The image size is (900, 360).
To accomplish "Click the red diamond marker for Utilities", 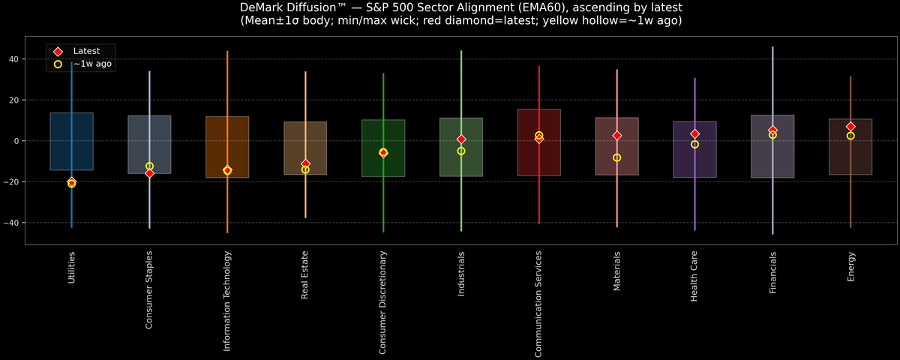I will (x=71, y=181).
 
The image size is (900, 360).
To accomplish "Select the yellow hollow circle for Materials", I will (x=616, y=157).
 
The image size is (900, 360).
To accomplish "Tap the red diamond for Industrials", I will (x=461, y=139).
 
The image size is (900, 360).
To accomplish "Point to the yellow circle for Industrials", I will (x=461, y=151).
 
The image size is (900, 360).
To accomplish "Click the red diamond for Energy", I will (x=850, y=127).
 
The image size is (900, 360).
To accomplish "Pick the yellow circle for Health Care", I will (x=694, y=144).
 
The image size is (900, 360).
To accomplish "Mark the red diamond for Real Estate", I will (x=305, y=163).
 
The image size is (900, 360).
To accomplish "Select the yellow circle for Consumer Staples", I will (x=149, y=166).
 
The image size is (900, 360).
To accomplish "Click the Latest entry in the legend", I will (x=86, y=51).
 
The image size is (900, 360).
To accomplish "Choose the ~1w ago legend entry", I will (x=91, y=64).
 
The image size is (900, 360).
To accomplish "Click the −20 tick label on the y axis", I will (x=33, y=182).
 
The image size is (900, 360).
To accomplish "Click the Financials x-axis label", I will (x=772, y=272).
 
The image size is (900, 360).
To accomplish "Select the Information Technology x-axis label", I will (x=227, y=301).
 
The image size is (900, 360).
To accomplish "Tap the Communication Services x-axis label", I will (x=538, y=304).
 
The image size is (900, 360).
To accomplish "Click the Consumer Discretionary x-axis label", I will (x=383, y=302).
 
